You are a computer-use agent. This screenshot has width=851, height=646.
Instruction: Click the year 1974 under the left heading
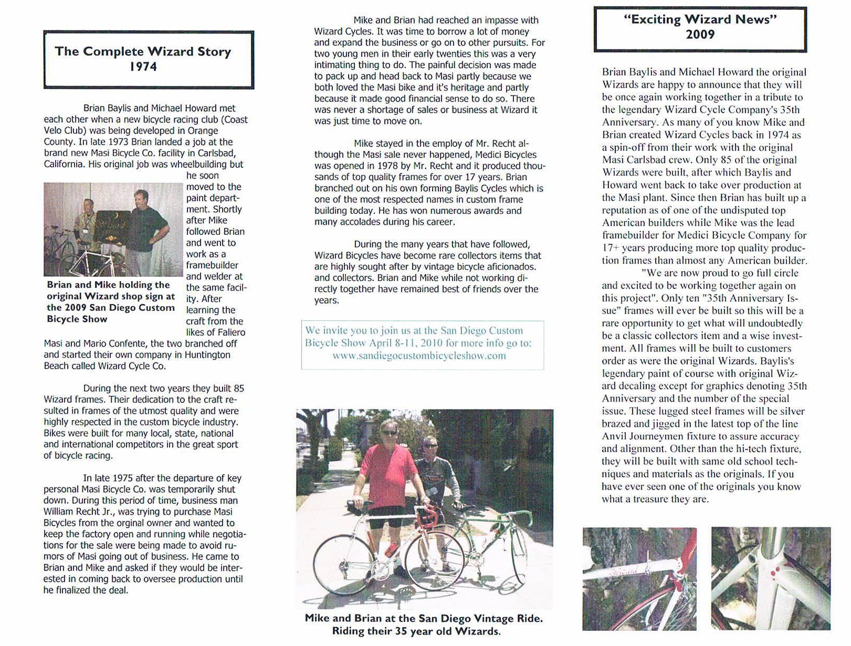[143, 67]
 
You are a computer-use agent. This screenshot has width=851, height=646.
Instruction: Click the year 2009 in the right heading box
[700, 35]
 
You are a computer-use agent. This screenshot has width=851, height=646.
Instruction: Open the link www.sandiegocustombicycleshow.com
[419, 356]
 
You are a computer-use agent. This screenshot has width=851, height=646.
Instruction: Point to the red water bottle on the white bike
[391, 549]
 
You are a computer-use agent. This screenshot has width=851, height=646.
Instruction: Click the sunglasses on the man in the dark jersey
[430, 446]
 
